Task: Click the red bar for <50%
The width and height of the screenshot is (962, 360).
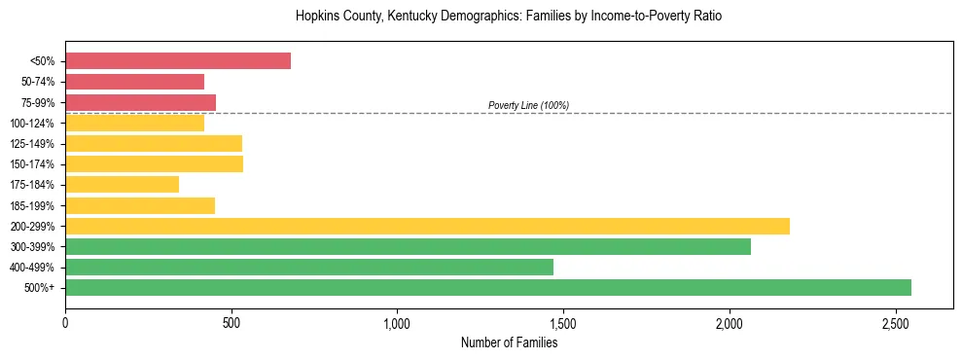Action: pyautogui.click(x=178, y=61)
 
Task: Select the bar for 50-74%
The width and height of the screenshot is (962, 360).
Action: pyautogui.click(x=134, y=82)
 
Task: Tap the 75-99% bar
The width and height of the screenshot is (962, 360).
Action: pyautogui.click(x=140, y=102)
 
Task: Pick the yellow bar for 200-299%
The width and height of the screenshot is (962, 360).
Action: pyautogui.click(x=427, y=226)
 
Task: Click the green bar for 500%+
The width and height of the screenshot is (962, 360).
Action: pyautogui.click(x=488, y=287)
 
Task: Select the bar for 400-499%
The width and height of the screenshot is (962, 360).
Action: pyautogui.click(x=309, y=267)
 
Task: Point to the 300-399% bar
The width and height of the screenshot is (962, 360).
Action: pyautogui.click(x=408, y=246)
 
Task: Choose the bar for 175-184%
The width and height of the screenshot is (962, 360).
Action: pyautogui.click(x=122, y=184)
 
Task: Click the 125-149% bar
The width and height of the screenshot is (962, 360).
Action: pyautogui.click(x=154, y=143)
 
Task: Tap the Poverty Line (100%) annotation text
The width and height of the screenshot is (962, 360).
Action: pyautogui.click(x=528, y=105)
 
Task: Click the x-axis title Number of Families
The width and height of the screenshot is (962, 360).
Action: pyautogui.click(x=509, y=342)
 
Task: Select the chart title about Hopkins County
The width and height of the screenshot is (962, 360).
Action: pyautogui.click(x=509, y=17)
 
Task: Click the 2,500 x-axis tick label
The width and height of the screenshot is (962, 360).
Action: pyautogui.click(x=896, y=322)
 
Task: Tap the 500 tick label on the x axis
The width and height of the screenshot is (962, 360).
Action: pyautogui.click(x=231, y=322)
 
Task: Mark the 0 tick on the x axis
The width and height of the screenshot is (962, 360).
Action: pyautogui.click(x=65, y=322)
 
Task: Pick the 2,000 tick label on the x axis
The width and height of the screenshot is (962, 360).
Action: pyautogui.click(x=730, y=322)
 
